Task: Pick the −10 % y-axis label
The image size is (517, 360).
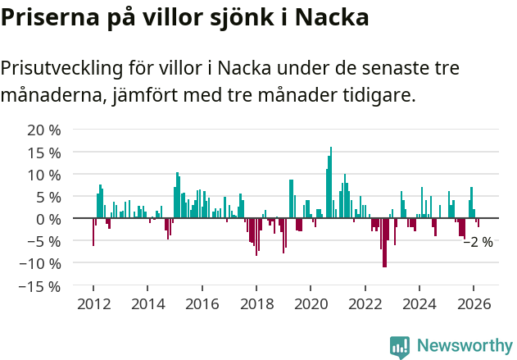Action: pos(41,264)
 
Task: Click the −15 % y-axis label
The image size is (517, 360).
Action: pos(41,286)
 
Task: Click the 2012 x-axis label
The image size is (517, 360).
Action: pos(93,303)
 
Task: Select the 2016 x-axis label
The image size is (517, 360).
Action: pos(202,303)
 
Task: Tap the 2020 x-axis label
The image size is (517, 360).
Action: pos(311,303)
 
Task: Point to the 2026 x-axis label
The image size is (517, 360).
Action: pos(474,303)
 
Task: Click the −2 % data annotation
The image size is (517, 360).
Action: pos(478,242)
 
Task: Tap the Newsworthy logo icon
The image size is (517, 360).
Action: pos(400,346)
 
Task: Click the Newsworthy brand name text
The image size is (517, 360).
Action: pos(464,346)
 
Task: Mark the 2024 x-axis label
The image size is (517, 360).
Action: pos(420,303)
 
